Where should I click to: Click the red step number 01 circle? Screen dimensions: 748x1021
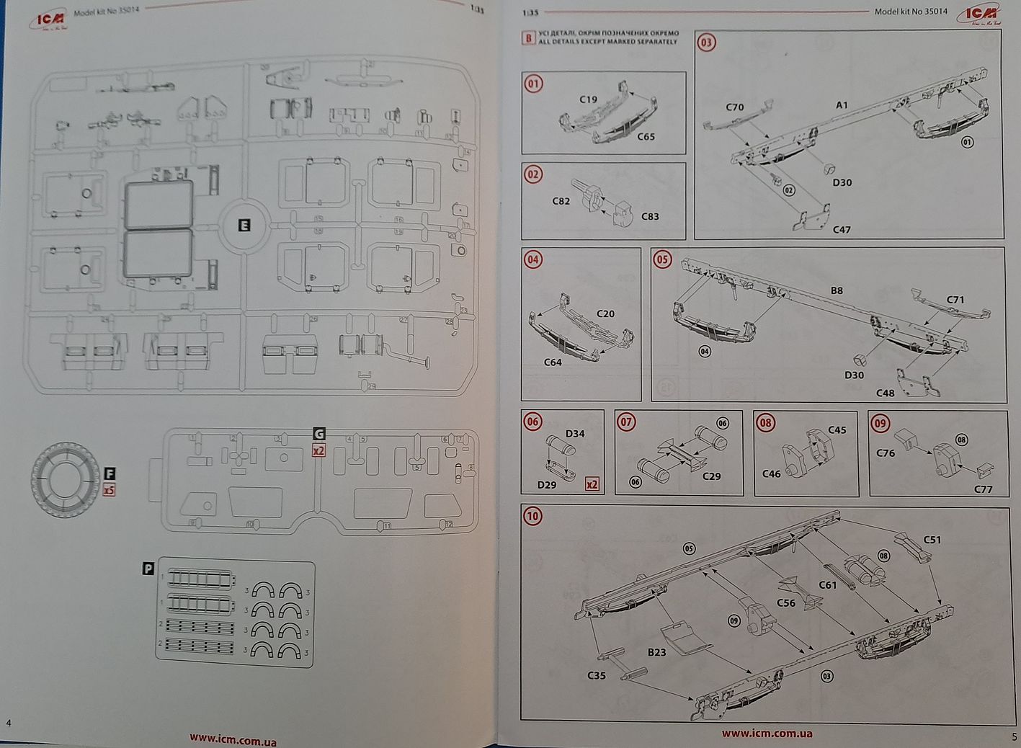[x=533, y=84]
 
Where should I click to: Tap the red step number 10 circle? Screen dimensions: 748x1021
[x=532, y=516]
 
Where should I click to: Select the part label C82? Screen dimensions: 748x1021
[x=561, y=201]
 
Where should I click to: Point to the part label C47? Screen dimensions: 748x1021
[x=842, y=230]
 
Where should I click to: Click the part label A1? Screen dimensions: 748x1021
[x=842, y=105]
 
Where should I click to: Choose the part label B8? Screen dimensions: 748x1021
[x=836, y=290]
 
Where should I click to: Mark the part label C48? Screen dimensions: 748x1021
[x=885, y=393]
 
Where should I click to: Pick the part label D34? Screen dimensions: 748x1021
[x=575, y=433]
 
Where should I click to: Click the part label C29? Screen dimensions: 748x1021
[x=711, y=476]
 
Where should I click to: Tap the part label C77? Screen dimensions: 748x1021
[x=983, y=489]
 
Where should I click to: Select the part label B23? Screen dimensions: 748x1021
[x=656, y=652]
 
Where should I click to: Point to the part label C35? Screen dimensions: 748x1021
[x=597, y=675]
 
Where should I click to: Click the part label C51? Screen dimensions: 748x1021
[x=932, y=540]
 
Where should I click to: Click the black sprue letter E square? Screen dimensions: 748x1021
[x=244, y=226]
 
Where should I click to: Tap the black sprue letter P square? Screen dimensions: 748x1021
[x=148, y=569]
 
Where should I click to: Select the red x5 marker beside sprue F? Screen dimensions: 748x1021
[x=110, y=489]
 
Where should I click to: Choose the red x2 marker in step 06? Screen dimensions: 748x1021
[x=592, y=484]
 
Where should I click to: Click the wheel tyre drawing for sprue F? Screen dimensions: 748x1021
[x=66, y=478]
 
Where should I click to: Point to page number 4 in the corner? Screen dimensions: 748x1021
[x=8, y=723]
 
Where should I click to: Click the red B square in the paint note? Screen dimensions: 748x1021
[x=528, y=38]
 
